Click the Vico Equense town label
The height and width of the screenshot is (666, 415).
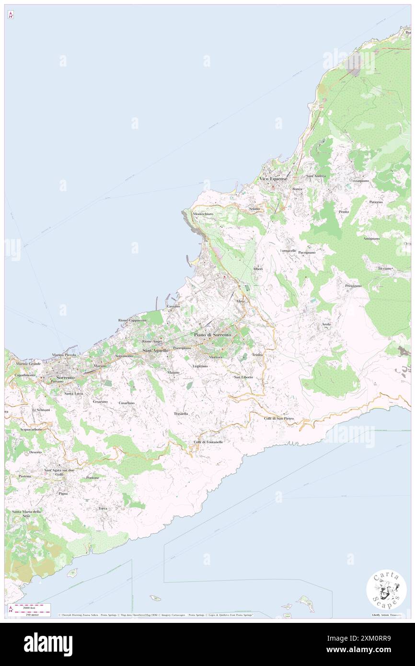pos(273,179)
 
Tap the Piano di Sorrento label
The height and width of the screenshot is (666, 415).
pos(212,334)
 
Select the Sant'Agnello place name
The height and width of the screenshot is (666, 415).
pos(156,351)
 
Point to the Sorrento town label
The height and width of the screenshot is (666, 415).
pos(65,378)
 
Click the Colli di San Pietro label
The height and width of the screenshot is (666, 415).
pos(278,418)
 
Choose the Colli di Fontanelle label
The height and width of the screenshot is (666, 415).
pos(208,441)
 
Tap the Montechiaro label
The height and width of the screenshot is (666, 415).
pos(203,214)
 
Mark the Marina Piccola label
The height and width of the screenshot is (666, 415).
pos(64,355)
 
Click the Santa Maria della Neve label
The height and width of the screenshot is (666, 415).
pos(26,514)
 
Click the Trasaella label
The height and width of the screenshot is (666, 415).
pos(181,413)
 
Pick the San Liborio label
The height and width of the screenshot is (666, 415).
pos(243,377)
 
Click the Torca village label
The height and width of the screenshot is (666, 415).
pos(103,508)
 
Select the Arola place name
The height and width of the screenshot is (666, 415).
pos(326,324)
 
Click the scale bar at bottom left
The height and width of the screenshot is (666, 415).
pos(31,608)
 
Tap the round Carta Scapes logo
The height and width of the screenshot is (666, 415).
pos(386,591)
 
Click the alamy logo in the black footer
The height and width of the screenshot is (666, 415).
pos(48,644)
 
